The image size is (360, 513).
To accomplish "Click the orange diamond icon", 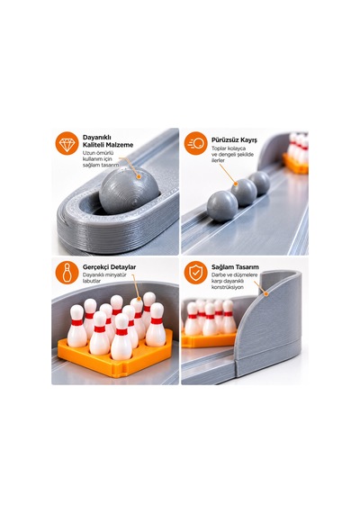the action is point(67,143).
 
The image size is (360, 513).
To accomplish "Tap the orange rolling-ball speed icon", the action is point(195,143).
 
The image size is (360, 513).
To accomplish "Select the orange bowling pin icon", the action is point(67,272).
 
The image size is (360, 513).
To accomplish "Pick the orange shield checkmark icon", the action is point(195,272).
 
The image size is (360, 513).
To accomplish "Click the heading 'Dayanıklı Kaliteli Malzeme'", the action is point(108,141).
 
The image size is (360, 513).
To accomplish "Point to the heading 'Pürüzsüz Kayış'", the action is point(234,140).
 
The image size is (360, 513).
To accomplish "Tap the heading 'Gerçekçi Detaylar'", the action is point(109,267).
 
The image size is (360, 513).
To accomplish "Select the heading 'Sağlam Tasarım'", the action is point(235,267).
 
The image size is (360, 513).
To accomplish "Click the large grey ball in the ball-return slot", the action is point(130,190).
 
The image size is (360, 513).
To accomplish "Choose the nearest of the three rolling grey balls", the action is point(222,206).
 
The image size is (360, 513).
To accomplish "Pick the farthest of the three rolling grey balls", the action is point(259,184).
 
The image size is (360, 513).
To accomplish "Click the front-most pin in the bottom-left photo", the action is point(121,337).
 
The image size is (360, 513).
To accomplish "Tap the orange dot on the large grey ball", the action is point(139,176).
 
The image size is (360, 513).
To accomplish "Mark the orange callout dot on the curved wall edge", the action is point(266,293).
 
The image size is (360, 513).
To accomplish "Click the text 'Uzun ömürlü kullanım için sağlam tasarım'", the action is point(98,159).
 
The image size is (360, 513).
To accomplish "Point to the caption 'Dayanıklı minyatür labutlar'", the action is point(104,278).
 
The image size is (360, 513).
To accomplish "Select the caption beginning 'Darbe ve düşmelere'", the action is point(234,281).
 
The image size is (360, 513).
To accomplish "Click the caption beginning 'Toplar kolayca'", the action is point(232,155).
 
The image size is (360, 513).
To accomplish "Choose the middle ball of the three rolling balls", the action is point(244,193).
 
